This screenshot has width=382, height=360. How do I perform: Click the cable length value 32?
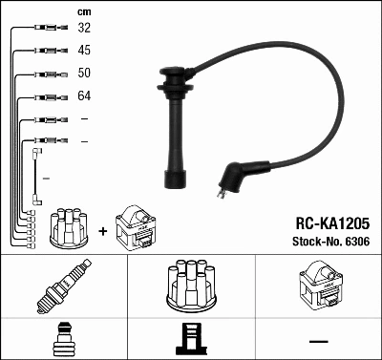coord(84,28)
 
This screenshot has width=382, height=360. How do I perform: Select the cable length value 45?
coord(84,51)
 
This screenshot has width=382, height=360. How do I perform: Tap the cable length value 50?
coord(84,73)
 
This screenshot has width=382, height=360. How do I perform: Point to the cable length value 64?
coord(84,95)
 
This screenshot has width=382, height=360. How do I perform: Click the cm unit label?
coord(84,12)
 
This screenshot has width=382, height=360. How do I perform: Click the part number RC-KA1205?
coord(332,223)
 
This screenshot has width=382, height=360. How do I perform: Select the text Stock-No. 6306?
coord(331,242)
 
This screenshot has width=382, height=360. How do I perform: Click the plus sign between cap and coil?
coord(103,231)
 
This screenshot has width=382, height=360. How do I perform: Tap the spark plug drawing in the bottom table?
coord(64,286)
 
